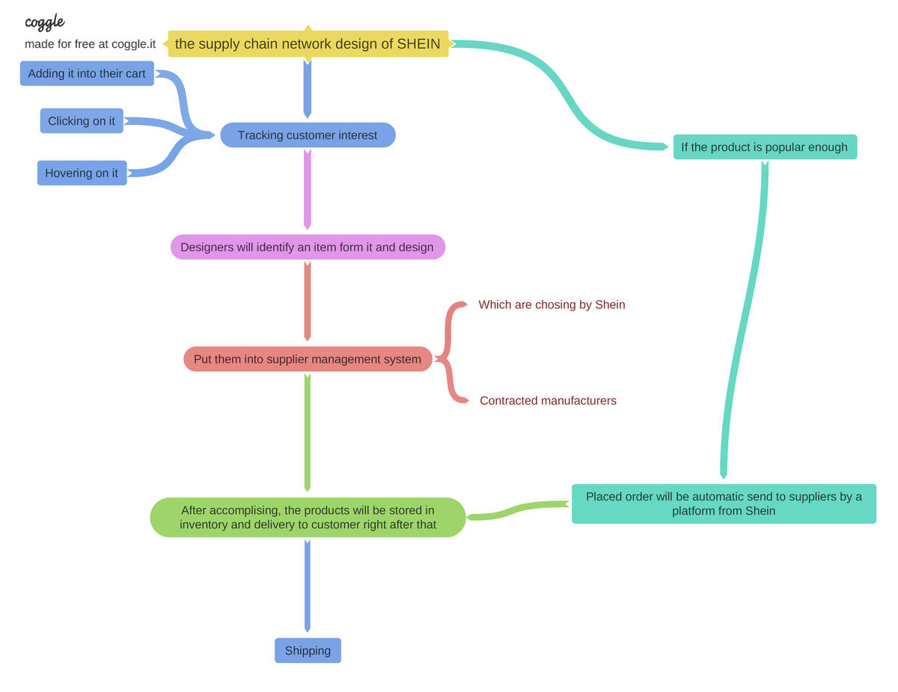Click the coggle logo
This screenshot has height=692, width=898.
(44, 22)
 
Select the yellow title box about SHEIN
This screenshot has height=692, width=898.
(308, 44)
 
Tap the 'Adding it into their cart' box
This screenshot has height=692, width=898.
(87, 74)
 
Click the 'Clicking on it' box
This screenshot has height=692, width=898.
(82, 121)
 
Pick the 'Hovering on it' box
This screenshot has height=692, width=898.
(82, 174)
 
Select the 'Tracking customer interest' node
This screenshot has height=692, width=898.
(308, 135)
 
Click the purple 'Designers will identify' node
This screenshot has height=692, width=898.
(308, 248)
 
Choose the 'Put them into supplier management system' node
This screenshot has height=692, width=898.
(308, 359)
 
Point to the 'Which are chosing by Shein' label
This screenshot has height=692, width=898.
(552, 305)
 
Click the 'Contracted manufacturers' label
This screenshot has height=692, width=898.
(548, 401)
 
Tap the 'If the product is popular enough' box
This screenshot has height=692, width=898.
(764, 147)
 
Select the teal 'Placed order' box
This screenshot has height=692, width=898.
(724, 503)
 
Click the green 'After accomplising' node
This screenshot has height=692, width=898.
(308, 518)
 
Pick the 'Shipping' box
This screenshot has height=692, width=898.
(308, 651)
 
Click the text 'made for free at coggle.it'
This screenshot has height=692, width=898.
(90, 44)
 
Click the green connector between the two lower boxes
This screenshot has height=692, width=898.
(516, 510)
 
